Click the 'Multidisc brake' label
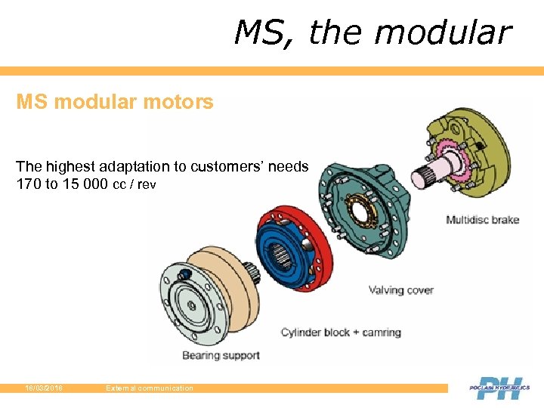click(482, 220)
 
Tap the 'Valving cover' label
click(400, 290)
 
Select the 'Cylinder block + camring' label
click(341, 332)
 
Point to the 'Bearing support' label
click(221, 355)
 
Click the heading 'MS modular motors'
click(115, 101)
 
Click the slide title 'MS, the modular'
click(372, 32)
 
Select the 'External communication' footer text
click(150, 388)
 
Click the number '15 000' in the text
click(85, 184)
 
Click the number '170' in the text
click(29, 184)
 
